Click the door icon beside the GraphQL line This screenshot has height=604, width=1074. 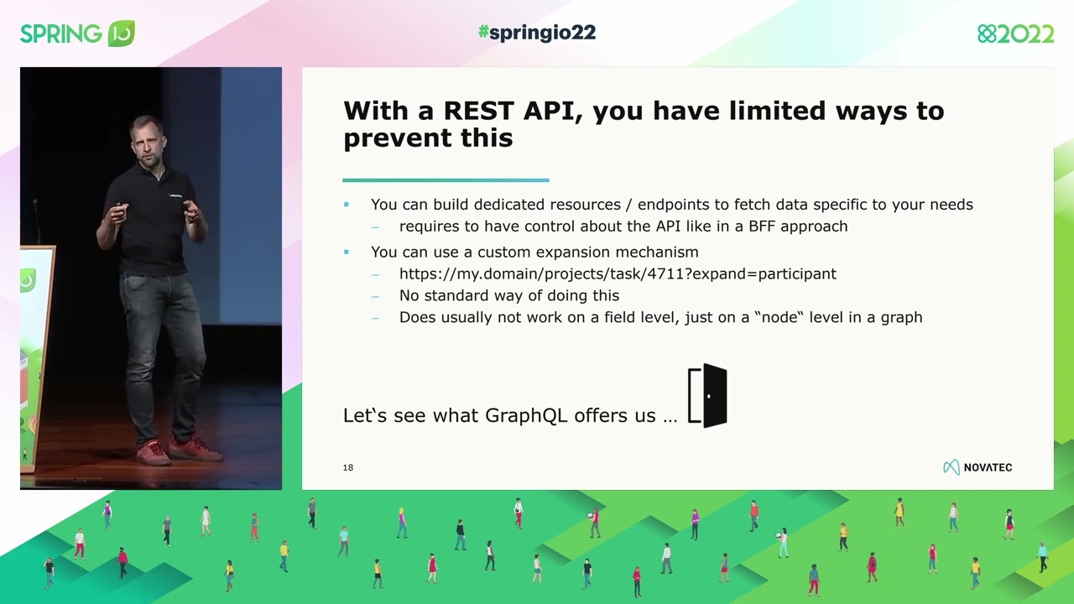(x=707, y=395)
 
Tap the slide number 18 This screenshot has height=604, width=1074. (x=348, y=467)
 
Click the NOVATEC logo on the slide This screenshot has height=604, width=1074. (x=978, y=467)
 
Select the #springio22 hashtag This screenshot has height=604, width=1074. (x=537, y=33)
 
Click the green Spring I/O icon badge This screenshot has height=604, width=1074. (x=122, y=34)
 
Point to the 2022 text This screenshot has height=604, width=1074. (x=1024, y=34)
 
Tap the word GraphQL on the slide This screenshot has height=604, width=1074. (x=526, y=415)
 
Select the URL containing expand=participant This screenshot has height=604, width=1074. (x=618, y=273)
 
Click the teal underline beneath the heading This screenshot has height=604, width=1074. (x=446, y=180)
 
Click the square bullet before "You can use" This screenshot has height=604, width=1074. (x=346, y=252)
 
